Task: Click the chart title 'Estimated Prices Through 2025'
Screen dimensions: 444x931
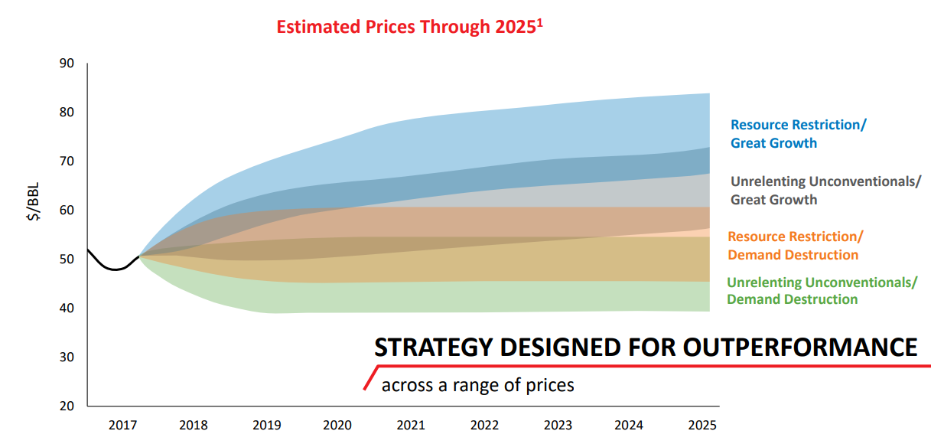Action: click(405, 28)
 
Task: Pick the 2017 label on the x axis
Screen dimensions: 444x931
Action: click(122, 425)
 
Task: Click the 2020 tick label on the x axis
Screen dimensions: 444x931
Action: click(338, 425)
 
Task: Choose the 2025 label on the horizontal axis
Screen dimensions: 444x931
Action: click(703, 425)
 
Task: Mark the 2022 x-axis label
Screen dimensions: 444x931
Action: click(485, 425)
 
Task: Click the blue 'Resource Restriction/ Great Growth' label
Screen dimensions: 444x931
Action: click(798, 134)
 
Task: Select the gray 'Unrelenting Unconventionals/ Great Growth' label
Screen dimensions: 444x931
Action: click(825, 191)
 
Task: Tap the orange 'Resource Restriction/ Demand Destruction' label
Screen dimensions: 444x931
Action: click(795, 246)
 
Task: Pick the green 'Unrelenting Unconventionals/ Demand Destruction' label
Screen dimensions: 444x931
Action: click(822, 290)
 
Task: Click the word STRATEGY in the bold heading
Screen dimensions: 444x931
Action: click(432, 348)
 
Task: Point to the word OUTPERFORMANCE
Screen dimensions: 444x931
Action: click(799, 348)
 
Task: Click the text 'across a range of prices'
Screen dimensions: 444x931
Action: click(477, 384)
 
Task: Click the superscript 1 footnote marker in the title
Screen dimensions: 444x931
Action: click(539, 21)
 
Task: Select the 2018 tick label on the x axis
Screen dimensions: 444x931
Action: click(194, 425)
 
